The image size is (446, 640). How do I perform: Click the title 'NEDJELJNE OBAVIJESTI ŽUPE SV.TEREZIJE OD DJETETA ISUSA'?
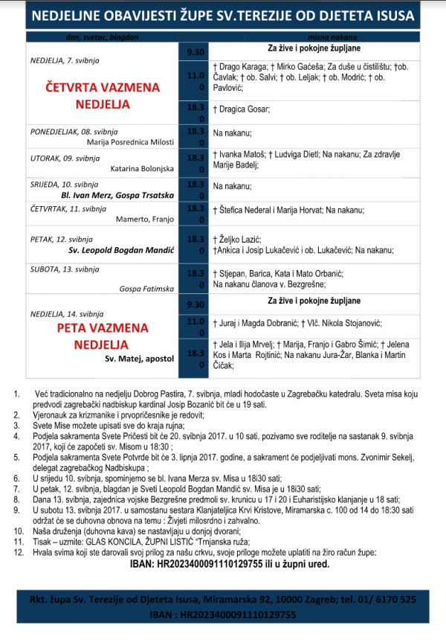pyautogui.click(x=222, y=16)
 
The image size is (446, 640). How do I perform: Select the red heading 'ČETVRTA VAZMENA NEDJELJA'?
pyautogui.click(x=105, y=95)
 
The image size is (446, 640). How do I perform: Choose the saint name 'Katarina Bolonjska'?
pyautogui.click(x=142, y=169)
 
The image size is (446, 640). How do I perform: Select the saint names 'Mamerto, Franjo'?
pyautogui.click(x=145, y=219)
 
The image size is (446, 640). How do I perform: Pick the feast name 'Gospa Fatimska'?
pyautogui.click(x=146, y=288)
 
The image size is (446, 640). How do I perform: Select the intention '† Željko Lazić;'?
pyautogui.click(x=237, y=239)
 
